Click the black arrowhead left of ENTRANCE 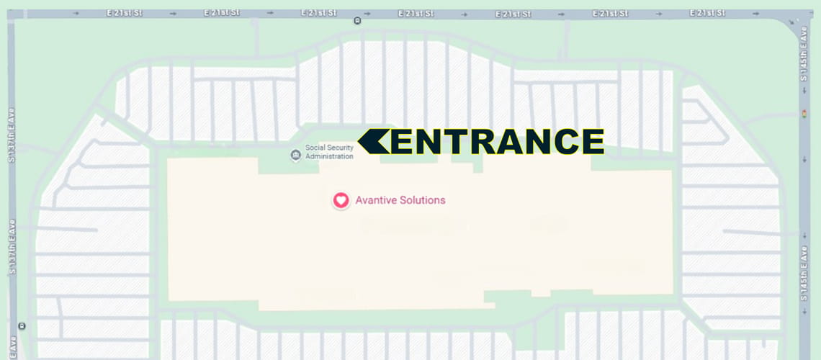pyautogui.click(x=374, y=142)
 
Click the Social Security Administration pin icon pyautogui.click(x=295, y=155)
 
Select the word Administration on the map pyautogui.click(x=329, y=156)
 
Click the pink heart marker pyautogui.click(x=341, y=200)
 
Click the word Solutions pyautogui.click(x=423, y=200)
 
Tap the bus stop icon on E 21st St pyautogui.click(x=357, y=20)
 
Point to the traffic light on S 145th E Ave pyautogui.click(x=804, y=114)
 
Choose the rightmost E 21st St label pyautogui.click(x=707, y=14)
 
